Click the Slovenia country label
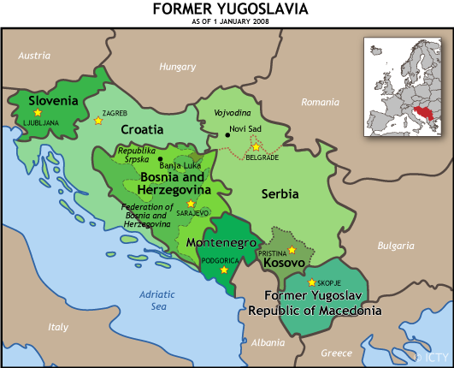click(53, 100)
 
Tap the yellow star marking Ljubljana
click(37, 113)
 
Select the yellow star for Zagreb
click(97, 121)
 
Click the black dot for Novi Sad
click(227, 134)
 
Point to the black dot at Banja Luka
click(160, 159)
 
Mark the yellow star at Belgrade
click(256, 147)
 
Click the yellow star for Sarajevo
click(190, 204)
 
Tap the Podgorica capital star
click(224, 270)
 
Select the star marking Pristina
click(292, 250)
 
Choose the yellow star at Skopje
click(311, 282)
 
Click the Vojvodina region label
click(232, 113)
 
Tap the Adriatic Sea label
click(158, 300)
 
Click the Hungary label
click(177, 66)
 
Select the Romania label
click(321, 102)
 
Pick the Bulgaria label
click(395, 245)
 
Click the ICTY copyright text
click(433, 356)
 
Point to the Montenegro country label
click(221, 243)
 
